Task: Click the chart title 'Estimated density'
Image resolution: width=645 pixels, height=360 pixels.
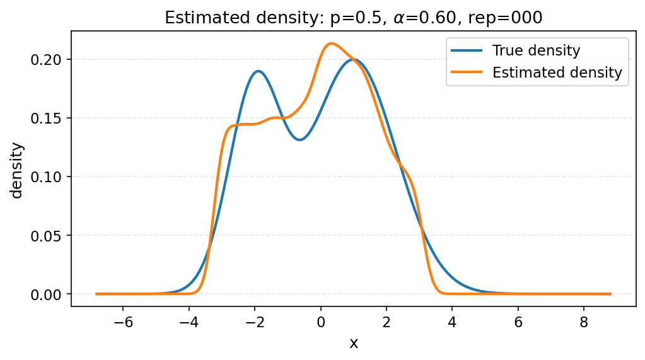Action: point(353,18)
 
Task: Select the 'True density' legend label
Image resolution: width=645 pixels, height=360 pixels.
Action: point(536,50)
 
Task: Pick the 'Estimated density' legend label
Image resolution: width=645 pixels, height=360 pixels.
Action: point(557,73)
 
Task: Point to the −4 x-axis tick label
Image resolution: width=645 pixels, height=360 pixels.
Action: point(189,322)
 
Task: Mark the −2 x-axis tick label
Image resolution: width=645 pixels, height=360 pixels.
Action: point(254,322)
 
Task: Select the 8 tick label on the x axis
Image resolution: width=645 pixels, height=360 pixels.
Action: point(584,322)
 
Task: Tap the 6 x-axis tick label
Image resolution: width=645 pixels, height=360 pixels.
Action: point(518,322)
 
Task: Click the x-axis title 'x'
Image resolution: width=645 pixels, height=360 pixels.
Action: point(354,344)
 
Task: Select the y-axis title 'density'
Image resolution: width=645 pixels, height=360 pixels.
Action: point(17,170)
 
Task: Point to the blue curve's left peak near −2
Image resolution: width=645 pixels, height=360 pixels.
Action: point(259,71)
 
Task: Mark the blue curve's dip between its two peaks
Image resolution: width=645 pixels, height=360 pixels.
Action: point(299,139)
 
